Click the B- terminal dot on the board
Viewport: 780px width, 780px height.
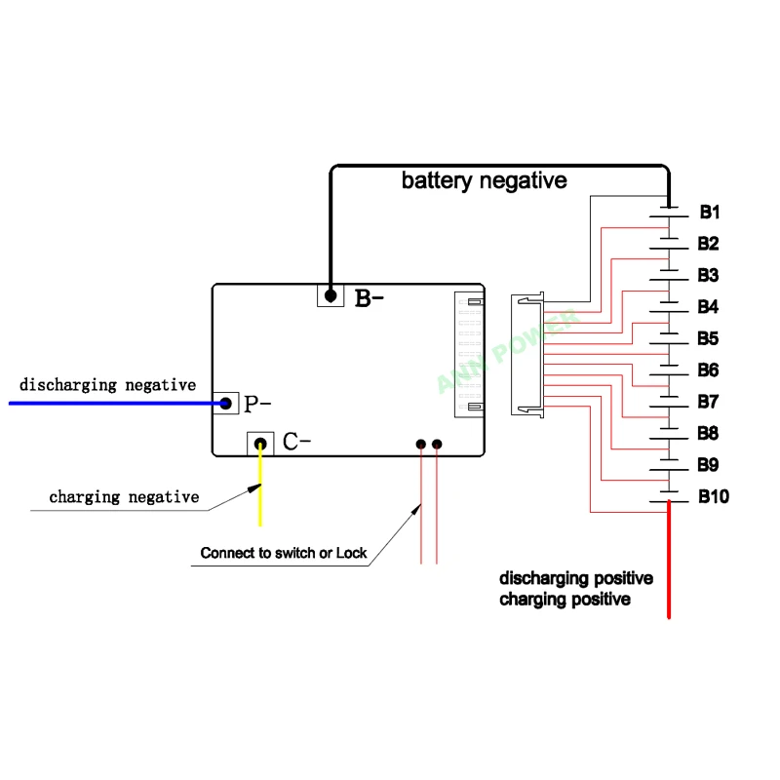pos(331,296)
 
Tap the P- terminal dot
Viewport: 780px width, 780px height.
pos(225,403)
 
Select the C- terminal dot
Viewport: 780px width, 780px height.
pos(260,444)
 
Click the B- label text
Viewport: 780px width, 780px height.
pos(369,298)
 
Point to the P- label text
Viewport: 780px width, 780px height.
pos(257,404)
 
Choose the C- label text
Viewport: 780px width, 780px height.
pos(296,442)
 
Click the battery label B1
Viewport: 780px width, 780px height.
pos(710,212)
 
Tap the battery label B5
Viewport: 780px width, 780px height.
pos(708,338)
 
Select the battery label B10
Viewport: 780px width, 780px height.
pos(714,496)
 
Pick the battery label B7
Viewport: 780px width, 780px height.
pos(708,402)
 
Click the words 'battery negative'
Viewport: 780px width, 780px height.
pos(484,180)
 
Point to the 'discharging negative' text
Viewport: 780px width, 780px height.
pos(107,385)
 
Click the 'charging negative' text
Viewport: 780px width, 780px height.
pos(124,497)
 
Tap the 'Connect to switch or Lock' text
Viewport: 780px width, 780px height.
pos(284,553)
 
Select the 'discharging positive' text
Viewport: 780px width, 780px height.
pos(576,578)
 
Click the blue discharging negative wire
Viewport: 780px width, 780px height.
pos(117,404)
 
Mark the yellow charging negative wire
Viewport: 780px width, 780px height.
pos(260,485)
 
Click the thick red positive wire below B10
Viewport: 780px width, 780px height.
pos(669,560)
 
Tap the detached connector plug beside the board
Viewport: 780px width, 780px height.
pos(527,354)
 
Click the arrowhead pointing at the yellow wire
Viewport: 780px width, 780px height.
pos(254,488)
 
